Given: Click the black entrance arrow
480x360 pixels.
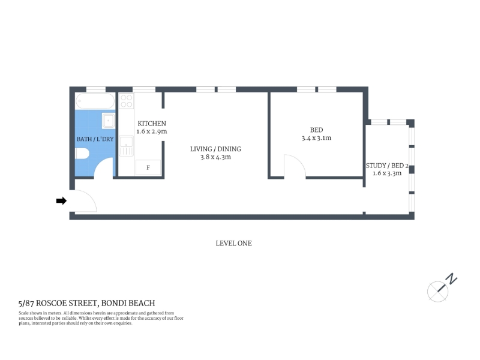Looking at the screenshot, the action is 61,201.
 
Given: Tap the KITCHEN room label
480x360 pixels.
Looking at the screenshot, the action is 152,124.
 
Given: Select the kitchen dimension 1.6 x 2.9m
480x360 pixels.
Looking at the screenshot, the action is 152,131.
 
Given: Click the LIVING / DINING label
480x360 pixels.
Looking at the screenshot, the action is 215,149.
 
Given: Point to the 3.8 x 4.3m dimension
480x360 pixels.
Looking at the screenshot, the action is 215,157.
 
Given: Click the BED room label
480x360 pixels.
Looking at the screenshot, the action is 316,130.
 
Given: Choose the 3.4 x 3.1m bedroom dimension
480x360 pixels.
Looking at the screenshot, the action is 316,138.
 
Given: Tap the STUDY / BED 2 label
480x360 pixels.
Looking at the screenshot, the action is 387,166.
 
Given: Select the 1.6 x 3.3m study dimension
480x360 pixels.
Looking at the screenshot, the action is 387,173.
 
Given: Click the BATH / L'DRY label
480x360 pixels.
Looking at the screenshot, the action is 95,139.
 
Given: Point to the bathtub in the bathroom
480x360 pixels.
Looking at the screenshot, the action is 95,101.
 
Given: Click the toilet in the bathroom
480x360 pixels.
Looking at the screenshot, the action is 82,154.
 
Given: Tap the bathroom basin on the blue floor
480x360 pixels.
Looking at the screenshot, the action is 109,121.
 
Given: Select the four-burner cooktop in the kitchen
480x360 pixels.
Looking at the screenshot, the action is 127,101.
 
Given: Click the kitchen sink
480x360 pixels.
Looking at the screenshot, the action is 126,146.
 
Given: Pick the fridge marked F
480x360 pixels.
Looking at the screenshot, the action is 148,167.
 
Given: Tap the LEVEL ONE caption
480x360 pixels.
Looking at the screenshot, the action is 233,244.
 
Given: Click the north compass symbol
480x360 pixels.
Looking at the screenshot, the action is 442,288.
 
